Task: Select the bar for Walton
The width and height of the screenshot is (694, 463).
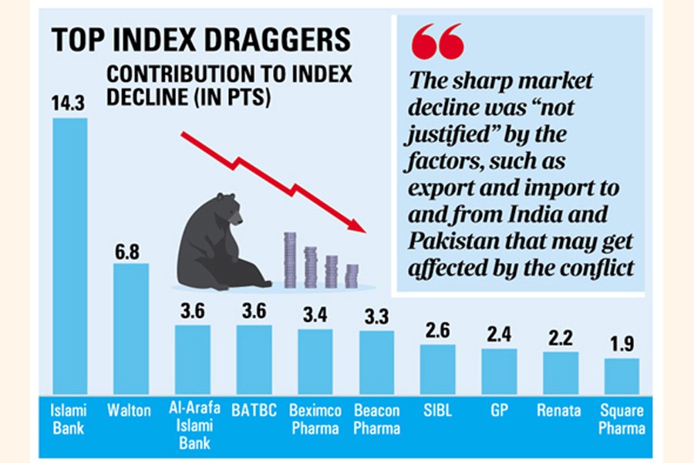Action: pos(130,328)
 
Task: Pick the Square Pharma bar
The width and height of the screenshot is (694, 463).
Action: pos(622,376)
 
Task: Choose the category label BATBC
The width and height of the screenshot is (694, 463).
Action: pos(254,411)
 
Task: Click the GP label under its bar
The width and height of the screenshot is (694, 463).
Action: pos(499,411)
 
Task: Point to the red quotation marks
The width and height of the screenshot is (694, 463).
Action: pos(437,42)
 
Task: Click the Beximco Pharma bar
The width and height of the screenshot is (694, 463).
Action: pos(315,361)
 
